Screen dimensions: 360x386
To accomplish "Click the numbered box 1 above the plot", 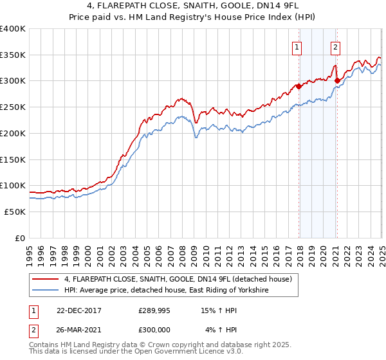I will [x=297, y=46].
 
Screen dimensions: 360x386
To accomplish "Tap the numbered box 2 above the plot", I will [x=336, y=46].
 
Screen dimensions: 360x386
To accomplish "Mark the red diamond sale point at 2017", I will [x=299, y=86].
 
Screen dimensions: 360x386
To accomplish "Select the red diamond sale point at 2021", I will [x=337, y=80].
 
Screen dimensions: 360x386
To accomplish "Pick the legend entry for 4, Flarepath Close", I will [x=178, y=279].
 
